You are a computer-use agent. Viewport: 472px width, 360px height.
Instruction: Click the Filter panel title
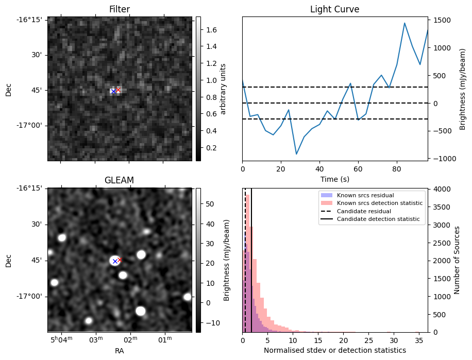tap(120, 9)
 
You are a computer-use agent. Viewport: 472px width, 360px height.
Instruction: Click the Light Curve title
tap(334, 9)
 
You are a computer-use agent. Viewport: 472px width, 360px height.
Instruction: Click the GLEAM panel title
tap(119, 180)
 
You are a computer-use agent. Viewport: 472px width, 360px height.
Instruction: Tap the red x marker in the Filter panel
tap(118, 90)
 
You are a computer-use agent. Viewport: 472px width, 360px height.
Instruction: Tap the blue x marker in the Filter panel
tap(113, 92)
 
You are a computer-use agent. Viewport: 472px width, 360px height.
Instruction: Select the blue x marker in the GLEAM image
tap(115, 261)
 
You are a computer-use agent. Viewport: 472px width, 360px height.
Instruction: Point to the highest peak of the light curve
tap(404, 23)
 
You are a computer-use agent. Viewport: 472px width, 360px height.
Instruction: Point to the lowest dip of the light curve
tap(296, 154)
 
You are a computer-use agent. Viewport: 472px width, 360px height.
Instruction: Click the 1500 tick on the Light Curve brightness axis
tap(444, 20)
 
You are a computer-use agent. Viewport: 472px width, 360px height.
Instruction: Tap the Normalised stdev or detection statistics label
tap(334, 350)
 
